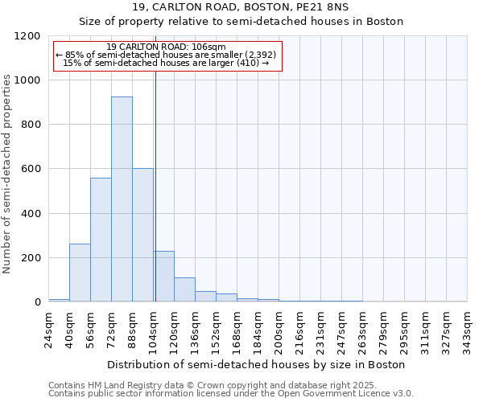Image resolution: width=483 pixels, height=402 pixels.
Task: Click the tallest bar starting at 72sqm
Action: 122,199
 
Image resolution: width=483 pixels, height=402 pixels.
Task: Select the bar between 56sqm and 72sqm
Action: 101,240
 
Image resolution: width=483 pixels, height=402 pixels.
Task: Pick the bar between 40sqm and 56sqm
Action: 80,273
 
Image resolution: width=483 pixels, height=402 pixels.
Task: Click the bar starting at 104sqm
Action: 163,277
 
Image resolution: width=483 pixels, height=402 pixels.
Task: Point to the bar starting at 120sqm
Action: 184,289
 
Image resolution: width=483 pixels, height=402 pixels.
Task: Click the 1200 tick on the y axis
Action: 27,36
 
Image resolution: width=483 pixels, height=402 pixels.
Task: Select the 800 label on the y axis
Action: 31,125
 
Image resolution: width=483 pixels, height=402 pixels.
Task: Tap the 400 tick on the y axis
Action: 31,214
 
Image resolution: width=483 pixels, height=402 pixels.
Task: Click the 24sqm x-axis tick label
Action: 49,329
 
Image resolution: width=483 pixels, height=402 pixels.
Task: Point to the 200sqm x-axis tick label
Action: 279,329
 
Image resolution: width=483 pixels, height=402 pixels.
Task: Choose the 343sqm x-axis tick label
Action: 468,329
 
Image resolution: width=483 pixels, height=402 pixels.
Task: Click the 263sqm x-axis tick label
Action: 363,329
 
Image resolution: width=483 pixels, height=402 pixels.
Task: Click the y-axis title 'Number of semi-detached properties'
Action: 7,170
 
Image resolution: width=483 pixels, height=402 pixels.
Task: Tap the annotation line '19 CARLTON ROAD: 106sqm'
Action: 167,47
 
